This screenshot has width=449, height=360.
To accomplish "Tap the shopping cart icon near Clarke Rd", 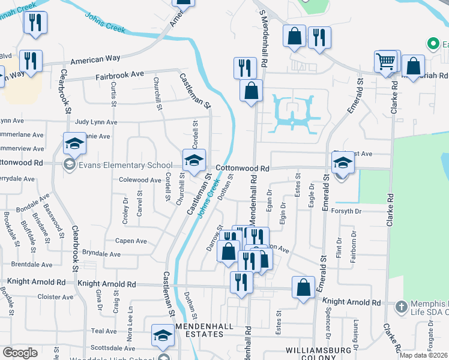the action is [385, 61].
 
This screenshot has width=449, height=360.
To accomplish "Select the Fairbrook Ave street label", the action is [120, 77].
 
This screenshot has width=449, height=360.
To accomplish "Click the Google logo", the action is [20, 353].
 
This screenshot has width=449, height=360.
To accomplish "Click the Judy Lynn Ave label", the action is [96, 122].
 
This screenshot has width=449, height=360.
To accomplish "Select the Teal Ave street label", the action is [103, 331].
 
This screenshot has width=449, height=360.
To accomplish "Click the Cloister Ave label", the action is [55, 296].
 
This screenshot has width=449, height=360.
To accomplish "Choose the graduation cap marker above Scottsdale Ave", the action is [162, 335].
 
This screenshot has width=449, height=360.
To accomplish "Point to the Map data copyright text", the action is [423, 355].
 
